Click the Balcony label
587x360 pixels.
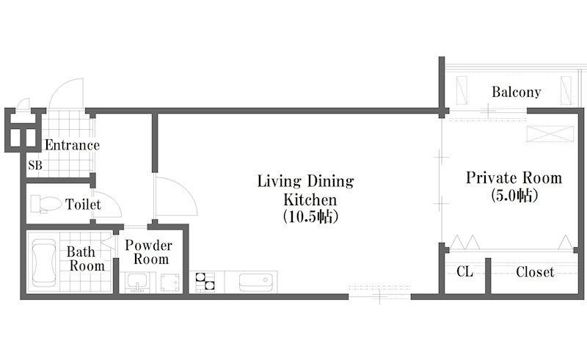(x=517, y=92)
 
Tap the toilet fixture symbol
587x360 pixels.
(x=46, y=204)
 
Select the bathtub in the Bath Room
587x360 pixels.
(x=44, y=262)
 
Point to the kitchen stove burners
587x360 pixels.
(x=205, y=282)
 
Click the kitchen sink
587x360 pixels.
(x=255, y=282)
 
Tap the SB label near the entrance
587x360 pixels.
(x=35, y=165)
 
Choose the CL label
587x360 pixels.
(x=464, y=272)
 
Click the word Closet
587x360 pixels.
(x=535, y=272)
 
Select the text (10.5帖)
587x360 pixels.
(x=310, y=216)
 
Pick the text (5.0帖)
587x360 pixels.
(x=514, y=195)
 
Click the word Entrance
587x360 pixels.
(x=72, y=145)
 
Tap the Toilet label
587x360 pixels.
(x=83, y=205)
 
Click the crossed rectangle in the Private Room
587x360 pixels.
(x=550, y=134)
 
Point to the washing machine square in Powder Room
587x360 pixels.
(x=170, y=282)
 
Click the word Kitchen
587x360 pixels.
(x=310, y=200)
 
